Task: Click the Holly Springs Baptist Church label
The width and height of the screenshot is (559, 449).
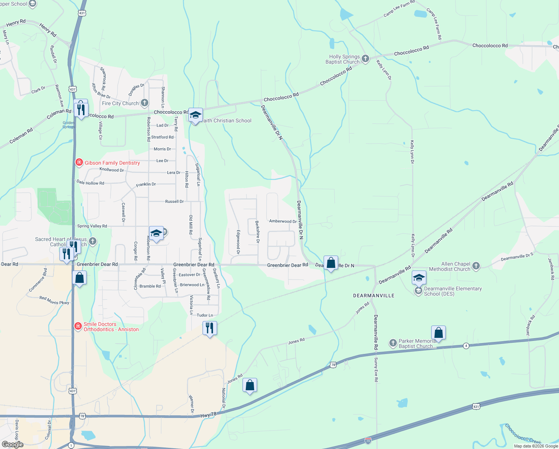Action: (x=342, y=59)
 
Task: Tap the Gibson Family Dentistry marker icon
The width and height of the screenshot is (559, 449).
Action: (x=79, y=162)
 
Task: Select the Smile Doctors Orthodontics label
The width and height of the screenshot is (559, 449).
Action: (x=111, y=327)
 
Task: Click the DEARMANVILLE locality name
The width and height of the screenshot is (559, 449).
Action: (x=374, y=296)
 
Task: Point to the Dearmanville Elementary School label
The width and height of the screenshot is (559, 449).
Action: (x=453, y=291)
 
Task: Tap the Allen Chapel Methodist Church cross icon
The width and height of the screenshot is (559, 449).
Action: (x=476, y=266)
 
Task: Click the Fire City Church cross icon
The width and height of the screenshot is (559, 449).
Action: (x=145, y=103)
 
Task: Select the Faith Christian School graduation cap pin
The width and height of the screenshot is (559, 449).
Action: (x=195, y=115)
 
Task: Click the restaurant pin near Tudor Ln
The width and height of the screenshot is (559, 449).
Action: (x=210, y=328)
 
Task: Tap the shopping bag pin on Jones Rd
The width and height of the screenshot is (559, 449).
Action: (x=250, y=385)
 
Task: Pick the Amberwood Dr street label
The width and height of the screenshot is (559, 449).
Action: (x=283, y=222)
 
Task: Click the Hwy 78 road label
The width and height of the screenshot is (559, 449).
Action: (x=208, y=415)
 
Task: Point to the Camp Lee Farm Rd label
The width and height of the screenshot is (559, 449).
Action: (x=399, y=9)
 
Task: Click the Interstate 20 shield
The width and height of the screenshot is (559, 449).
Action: (x=368, y=440)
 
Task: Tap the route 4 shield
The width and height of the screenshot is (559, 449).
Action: (x=466, y=346)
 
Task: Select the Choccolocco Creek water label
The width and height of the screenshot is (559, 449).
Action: (x=523, y=434)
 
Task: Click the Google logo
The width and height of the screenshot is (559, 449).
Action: (x=13, y=445)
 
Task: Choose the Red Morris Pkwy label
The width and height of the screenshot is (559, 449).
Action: (x=54, y=300)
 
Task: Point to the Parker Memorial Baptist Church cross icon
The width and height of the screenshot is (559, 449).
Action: (x=393, y=343)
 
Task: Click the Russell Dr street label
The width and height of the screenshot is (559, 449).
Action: (x=175, y=202)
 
